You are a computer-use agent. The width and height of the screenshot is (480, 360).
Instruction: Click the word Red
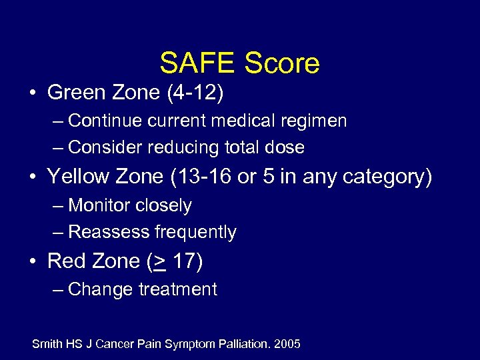tap(65, 261)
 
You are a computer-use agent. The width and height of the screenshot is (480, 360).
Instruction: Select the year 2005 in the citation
tap(287, 344)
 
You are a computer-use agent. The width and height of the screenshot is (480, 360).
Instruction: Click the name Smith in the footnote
tap(47, 344)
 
